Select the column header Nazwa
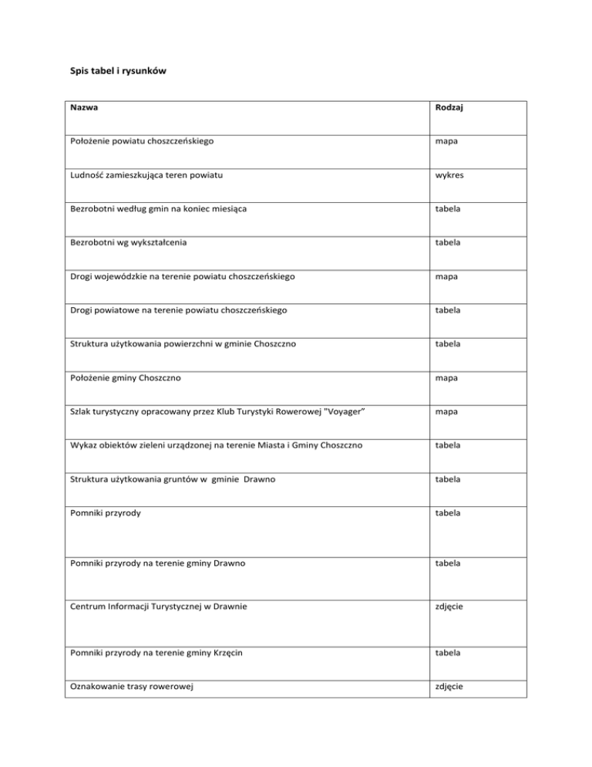pyautogui.click(x=83, y=110)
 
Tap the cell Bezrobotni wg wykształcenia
pyautogui.click(x=126, y=243)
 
